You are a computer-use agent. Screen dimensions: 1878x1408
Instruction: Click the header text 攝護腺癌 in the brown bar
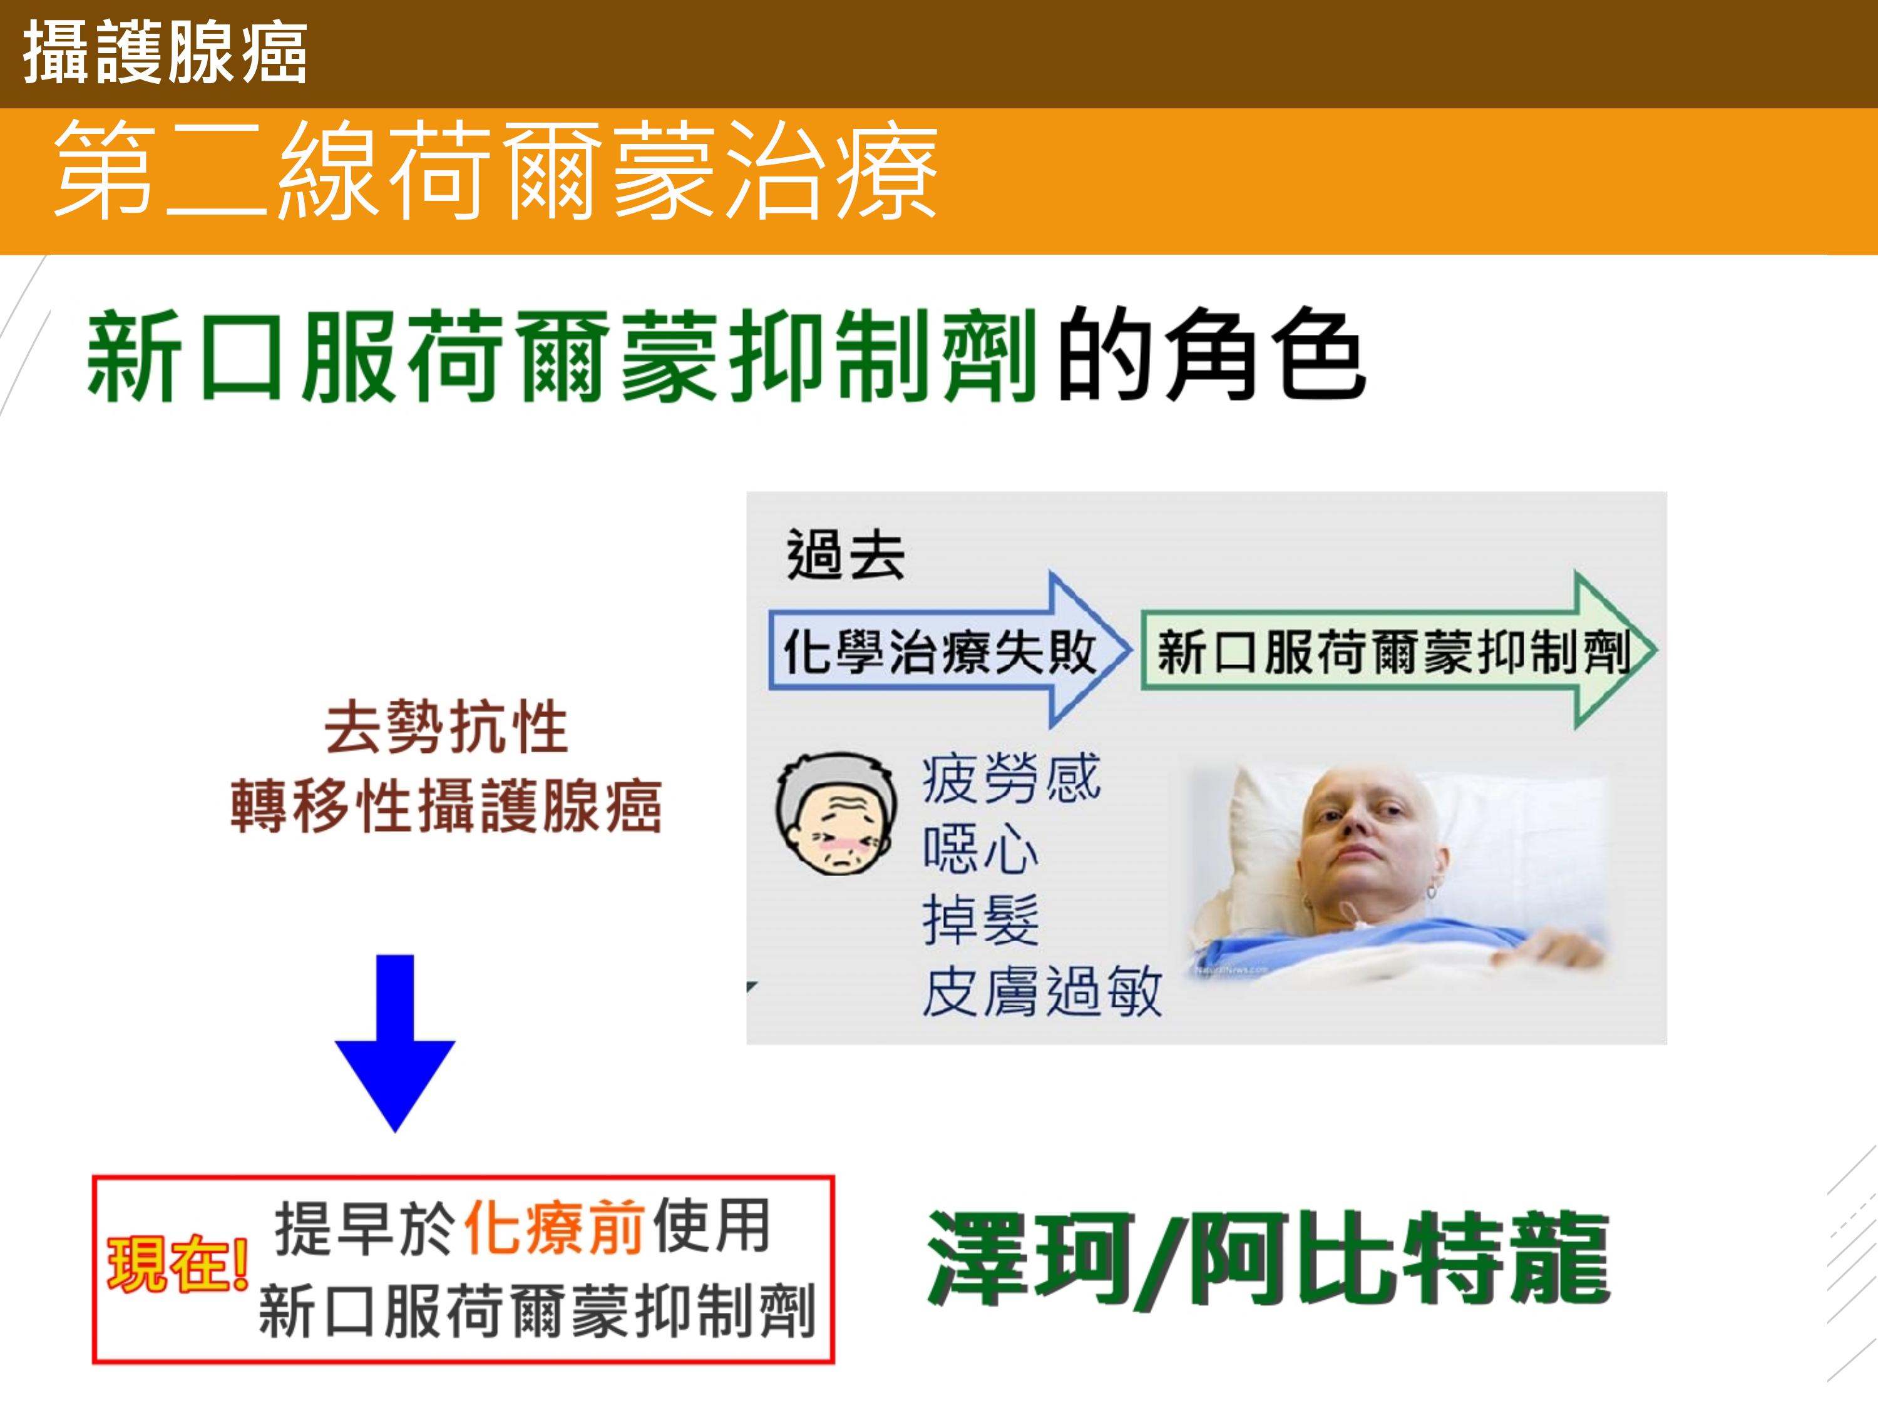pos(165,53)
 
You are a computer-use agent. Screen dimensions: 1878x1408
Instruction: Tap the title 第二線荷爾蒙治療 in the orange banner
pos(496,170)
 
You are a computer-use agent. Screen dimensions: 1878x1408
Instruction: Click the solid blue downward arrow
pos(395,1043)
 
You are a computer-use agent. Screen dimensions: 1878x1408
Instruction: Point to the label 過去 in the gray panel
pos(846,554)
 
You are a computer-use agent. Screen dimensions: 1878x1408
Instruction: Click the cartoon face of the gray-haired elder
pos(836,815)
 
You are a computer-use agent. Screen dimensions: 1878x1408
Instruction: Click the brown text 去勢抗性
pos(446,727)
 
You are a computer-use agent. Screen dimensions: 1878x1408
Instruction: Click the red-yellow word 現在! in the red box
pos(177,1263)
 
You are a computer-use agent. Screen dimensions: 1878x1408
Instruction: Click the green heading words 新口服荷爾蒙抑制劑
pos(561,354)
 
